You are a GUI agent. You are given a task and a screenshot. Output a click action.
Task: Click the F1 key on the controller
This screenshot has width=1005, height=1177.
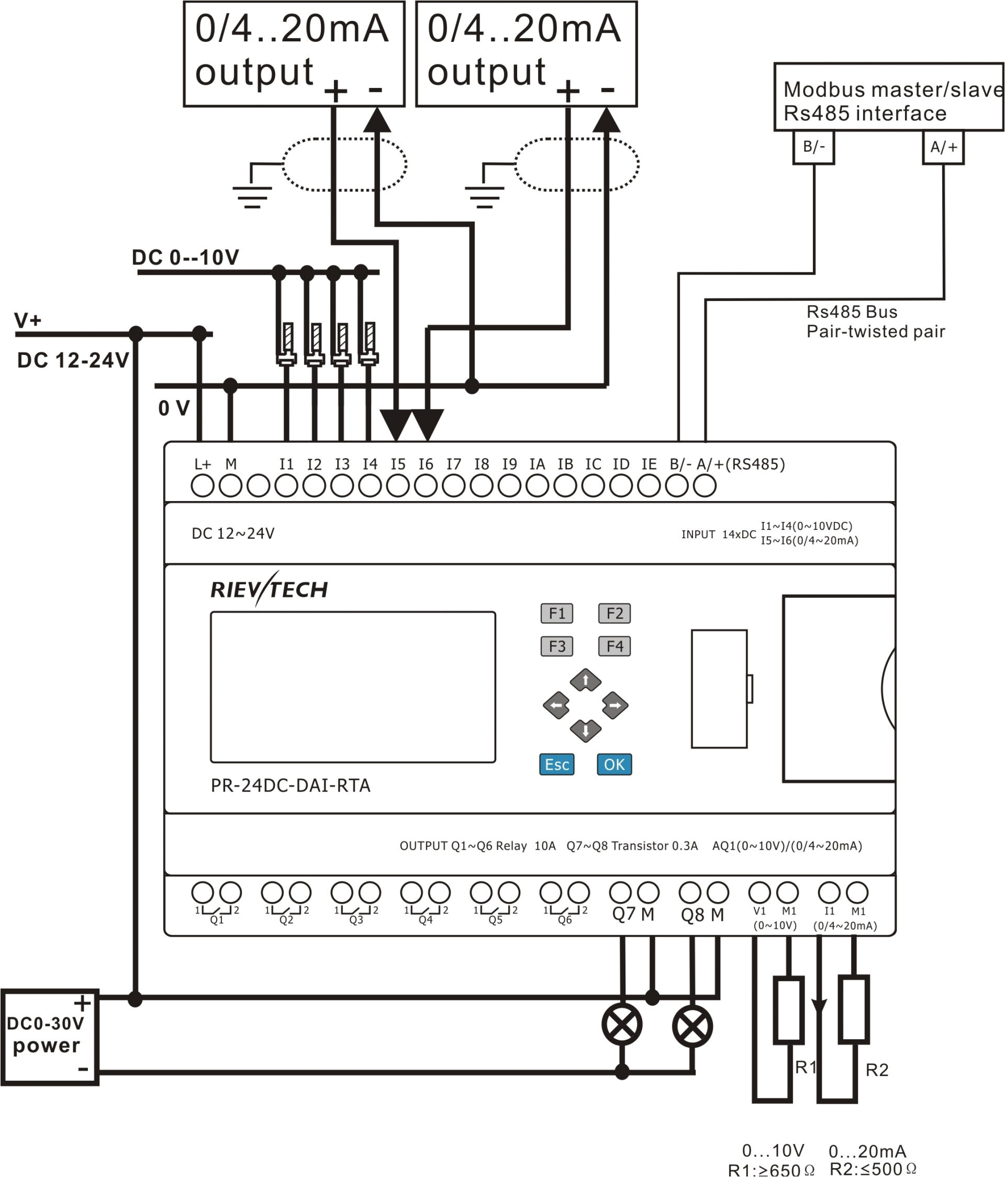click(x=556, y=614)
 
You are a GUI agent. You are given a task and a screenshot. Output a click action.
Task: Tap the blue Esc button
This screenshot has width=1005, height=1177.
click(x=556, y=764)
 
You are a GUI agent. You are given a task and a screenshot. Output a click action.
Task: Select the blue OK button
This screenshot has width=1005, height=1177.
click(x=615, y=764)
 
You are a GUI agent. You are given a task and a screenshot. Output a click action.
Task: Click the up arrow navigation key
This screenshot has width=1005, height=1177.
click(x=585, y=681)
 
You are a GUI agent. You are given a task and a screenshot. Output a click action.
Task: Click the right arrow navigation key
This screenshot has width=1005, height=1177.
click(x=615, y=705)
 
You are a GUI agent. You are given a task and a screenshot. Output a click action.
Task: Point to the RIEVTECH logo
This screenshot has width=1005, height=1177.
click(x=269, y=590)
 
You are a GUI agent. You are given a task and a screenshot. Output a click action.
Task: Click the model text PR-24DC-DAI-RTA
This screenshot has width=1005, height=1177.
click(x=290, y=785)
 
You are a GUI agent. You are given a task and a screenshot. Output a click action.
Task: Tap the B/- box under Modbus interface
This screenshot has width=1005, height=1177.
click(x=813, y=147)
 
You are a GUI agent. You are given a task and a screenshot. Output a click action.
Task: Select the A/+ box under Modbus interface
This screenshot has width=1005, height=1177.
click(x=943, y=148)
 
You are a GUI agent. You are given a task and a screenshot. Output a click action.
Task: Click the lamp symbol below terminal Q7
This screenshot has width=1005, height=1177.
click(x=622, y=1025)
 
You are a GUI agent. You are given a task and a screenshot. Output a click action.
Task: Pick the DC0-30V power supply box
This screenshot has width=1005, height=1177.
click(x=50, y=1037)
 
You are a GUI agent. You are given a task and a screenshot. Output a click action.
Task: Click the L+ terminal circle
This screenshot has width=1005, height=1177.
click(x=203, y=486)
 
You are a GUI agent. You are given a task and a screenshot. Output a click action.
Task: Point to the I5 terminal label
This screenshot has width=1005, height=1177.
click(x=398, y=464)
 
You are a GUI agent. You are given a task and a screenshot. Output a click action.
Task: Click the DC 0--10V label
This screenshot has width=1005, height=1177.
click(x=186, y=257)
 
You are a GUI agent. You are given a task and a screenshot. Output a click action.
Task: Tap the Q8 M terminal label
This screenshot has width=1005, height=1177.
click(x=702, y=915)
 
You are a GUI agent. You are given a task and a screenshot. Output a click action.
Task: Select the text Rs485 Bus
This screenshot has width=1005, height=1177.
click(x=852, y=312)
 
